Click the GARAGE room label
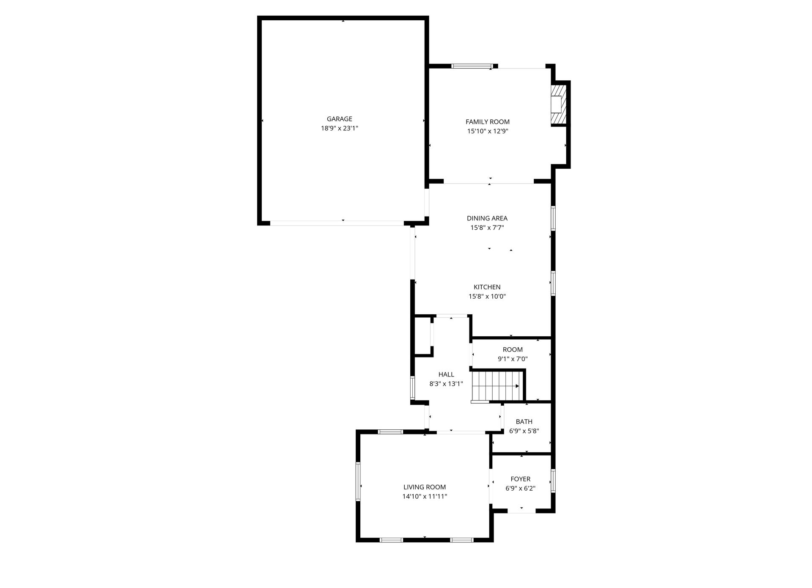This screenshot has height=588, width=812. point(339,119)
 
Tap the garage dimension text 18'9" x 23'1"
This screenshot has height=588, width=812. point(340,128)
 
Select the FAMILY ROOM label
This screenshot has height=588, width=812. point(488,122)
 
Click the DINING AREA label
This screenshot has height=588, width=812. point(487,218)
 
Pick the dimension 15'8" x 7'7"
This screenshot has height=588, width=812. point(487,228)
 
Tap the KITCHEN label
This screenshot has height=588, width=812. point(487,287)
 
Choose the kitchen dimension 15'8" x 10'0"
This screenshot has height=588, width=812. point(487,296)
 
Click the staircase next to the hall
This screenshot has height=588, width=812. point(498,385)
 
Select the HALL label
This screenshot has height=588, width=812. point(446,374)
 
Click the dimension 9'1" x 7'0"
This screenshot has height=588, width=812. point(513,359)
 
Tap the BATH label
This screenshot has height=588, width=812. point(524,421)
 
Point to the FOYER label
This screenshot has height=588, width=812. point(521,479)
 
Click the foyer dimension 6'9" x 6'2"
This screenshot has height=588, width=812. point(521,488)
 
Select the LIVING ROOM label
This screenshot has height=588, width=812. point(425,487)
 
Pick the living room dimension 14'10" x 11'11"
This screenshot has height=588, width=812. point(425,496)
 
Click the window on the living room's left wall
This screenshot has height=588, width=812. point(358,481)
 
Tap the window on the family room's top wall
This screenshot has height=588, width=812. point(472,66)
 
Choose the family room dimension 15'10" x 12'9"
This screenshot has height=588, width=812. point(488,131)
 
